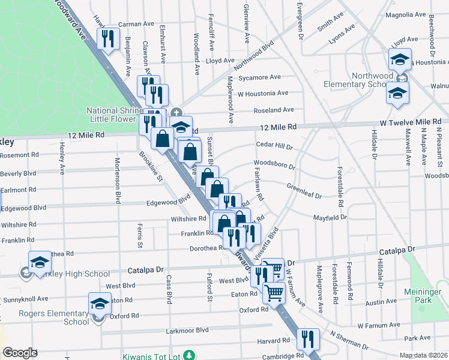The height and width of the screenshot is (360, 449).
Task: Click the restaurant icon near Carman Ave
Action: [x=107, y=39]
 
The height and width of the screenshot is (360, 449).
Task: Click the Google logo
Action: [x=20, y=353]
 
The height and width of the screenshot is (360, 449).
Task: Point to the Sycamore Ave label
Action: [x=259, y=77]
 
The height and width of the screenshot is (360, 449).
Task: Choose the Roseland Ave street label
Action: [x=274, y=110]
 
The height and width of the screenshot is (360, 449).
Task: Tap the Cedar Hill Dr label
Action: [x=274, y=146]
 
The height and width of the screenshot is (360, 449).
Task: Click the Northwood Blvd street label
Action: [x=254, y=54]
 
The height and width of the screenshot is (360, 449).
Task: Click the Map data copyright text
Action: [x=423, y=355]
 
